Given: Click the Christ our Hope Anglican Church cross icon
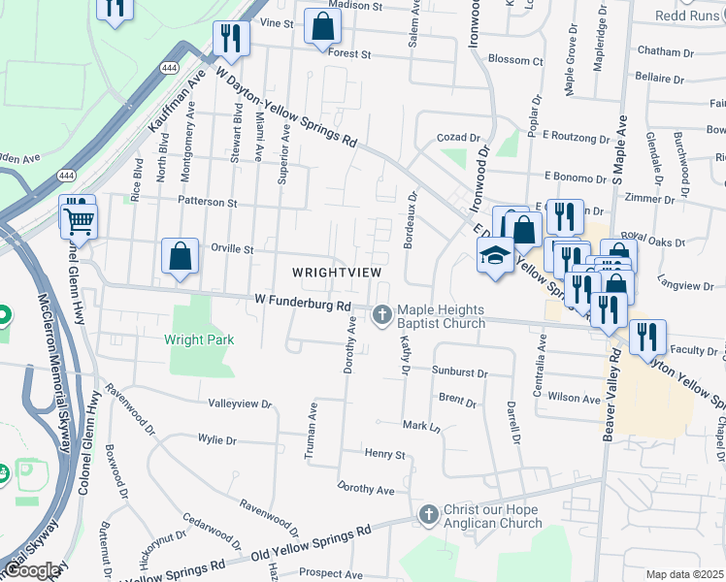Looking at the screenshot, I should pyautogui.click(x=428, y=514).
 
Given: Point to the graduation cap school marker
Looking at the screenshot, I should pyautogui.click(x=495, y=256).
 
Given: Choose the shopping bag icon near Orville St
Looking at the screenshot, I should pyautogui.click(x=181, y=257).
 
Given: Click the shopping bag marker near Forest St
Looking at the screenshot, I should pyautogui.click(x=322, y=27).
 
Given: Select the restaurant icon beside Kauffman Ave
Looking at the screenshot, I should pyautogui.click(x=230, y=38).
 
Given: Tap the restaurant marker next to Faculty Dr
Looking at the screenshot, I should pyautogui.click(x=647, y=337).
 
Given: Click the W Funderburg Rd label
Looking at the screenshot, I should pyautogui.click(x=302, y=304).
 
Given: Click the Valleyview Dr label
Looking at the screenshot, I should pyautogui.click(x=240, y=403).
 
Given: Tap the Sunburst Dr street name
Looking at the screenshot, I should pyautogui.click(x=458, y=372).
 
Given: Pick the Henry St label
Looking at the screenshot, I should pyautogui.click(x=384, y=454).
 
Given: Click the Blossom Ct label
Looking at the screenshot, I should pyautogui.click(x=515, y=59).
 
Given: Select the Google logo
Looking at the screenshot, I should pyautogui.click(x=32, y=571).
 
